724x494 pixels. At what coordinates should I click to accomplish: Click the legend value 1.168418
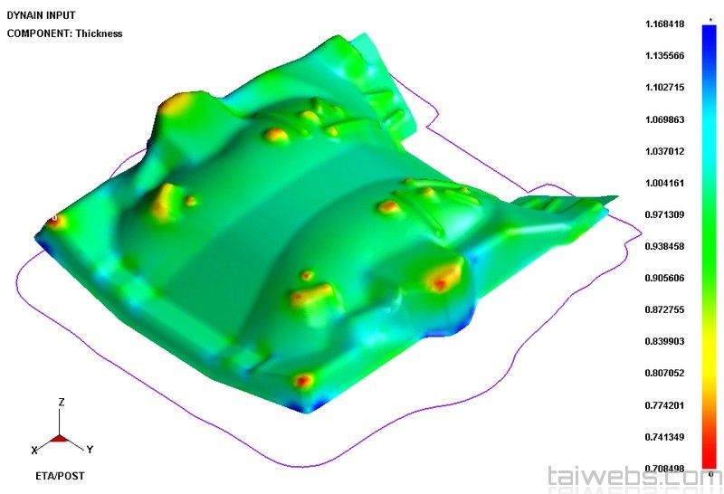pos(664,24)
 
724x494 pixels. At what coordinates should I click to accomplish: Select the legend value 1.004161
pos(664,183)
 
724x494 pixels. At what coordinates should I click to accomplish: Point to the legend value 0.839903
pos(664,341)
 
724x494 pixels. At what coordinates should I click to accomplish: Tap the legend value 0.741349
pos(664,437)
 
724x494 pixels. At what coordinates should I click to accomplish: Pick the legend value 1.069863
pos(664,119)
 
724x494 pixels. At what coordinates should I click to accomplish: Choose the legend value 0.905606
pos(664,278)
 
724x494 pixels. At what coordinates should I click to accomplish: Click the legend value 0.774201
pos(664,405)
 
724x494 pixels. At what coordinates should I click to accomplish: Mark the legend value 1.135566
pos(664,56)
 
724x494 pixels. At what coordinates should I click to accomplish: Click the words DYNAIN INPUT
pos(41,15)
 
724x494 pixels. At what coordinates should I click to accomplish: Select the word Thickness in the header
pos(100,33)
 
